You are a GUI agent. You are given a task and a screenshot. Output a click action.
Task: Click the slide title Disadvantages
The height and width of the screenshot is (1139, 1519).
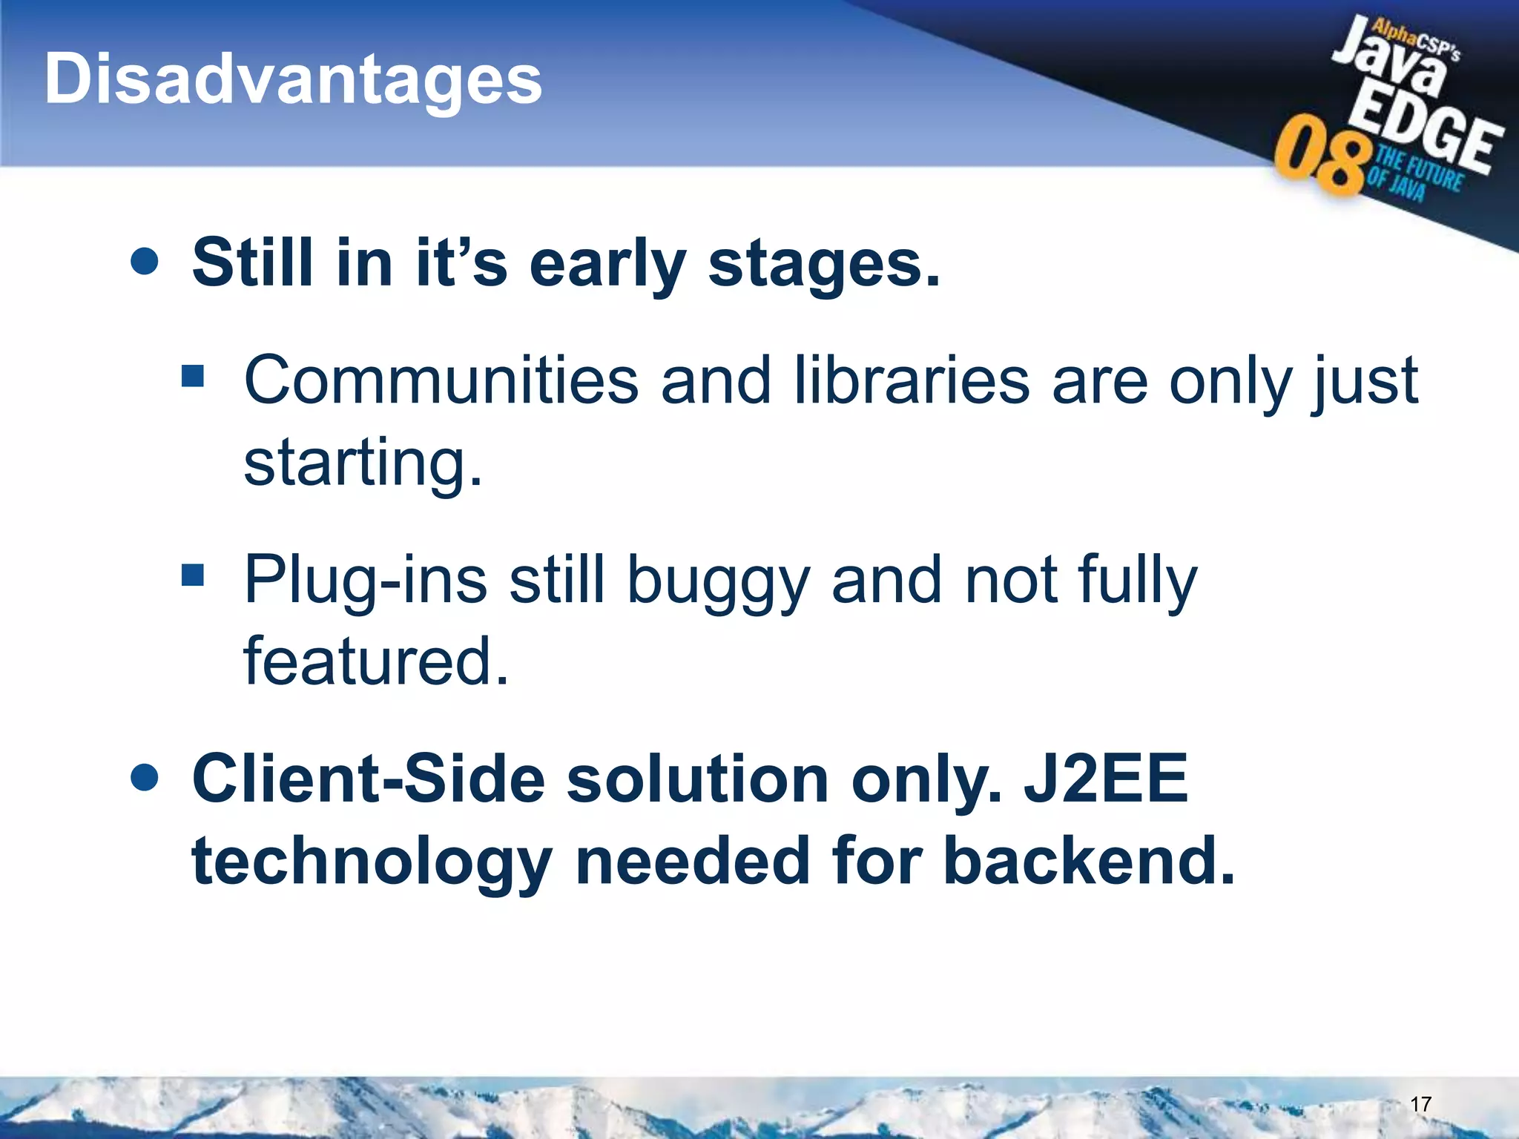pos(293,80)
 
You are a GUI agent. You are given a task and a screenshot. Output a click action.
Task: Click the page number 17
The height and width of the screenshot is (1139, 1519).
pos(1420,1104)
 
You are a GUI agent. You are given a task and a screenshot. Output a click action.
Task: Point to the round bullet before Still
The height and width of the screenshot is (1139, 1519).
pos(144,262)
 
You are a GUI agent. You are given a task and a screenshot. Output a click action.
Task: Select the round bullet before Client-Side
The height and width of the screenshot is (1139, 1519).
pos(144,778)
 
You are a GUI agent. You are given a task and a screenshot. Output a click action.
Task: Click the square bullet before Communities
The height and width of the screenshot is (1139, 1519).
pos(193,375)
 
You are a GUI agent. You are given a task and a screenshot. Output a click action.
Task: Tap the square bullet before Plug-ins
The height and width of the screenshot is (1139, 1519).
pos(193,575)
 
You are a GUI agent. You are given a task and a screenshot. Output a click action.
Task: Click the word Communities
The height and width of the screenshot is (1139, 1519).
pos(441,380)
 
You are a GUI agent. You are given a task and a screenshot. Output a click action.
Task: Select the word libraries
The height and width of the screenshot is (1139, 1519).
pos(911,380)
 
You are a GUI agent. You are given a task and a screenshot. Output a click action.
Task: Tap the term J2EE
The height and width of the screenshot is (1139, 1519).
pos(1105,779)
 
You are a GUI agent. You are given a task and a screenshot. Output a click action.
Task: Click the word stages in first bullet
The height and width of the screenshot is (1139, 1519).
pos(823,265)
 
